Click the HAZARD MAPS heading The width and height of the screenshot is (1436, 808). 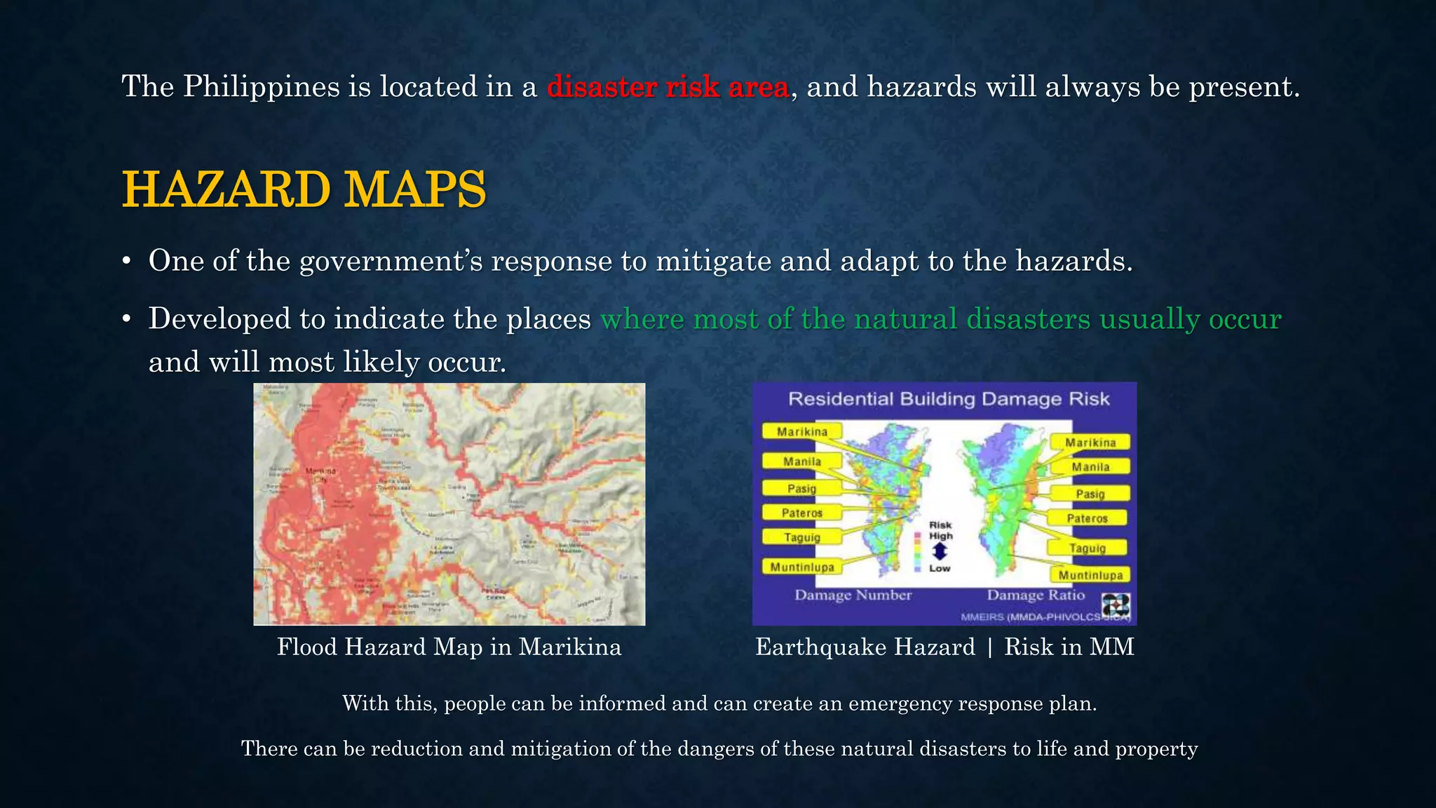point(304,189)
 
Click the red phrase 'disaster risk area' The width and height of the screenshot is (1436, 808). point(668,87)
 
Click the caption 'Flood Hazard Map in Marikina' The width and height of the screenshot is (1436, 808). point(449,647)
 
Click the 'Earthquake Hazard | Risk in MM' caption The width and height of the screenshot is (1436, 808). point(944,647)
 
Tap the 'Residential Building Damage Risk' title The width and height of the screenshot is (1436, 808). point(949,399)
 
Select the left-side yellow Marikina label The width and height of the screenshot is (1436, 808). point(801,432)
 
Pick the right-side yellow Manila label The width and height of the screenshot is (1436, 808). point(1090,467)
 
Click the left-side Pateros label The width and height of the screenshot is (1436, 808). point(801,513)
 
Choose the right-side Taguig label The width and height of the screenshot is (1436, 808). point(1088,548)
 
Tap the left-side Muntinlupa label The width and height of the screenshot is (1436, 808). point(802,567)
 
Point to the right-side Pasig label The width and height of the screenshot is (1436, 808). point(1090,494)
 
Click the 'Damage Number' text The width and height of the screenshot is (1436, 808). point(853,595)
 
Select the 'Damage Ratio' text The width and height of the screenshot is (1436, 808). point(1036,595)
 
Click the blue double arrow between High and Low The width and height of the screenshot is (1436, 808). point(940,552)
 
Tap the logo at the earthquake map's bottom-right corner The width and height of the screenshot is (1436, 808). point(1115,605)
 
